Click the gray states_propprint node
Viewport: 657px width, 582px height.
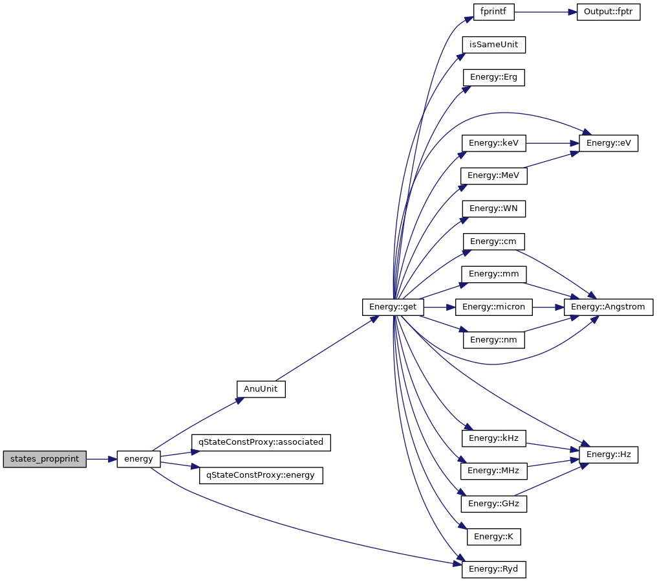(45, 459)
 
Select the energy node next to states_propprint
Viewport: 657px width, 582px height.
(138, 459)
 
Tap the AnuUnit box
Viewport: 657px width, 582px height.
(261, 389)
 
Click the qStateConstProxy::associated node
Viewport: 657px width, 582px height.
(261, 442)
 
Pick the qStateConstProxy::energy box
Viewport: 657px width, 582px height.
(261, 475)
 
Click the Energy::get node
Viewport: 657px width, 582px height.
(393, 307)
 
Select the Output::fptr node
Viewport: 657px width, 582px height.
(608, 12)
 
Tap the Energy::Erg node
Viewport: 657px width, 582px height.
(493, 78)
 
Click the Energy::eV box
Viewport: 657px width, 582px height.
(609, 143)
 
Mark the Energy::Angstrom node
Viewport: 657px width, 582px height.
(609, 307)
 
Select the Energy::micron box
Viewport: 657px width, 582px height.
(494, 307)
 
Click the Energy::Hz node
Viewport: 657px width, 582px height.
(609, 454)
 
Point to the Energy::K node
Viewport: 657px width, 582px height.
(494, 537)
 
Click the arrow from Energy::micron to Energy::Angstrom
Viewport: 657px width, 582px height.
(548, 307)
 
